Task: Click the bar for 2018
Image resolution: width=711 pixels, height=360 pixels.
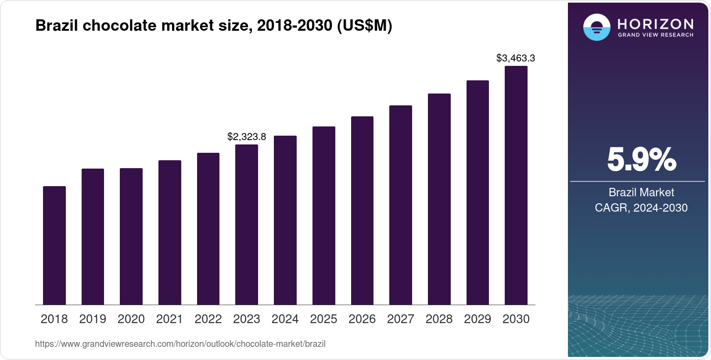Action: coord(54,245)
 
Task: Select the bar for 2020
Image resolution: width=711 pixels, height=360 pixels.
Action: coord(131,237)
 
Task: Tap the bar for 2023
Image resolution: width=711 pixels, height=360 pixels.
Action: coord(247,225)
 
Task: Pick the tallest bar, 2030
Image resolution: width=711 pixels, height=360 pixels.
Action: coord(516,185)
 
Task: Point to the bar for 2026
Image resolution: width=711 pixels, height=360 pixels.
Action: coord(362,211)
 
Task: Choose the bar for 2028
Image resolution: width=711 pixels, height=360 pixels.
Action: coord(439,199)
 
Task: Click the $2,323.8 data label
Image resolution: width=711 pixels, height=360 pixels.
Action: coord(247,137)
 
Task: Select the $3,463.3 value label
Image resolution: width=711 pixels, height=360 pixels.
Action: coord(516,58)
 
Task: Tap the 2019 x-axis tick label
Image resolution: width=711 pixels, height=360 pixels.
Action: coord(93,319)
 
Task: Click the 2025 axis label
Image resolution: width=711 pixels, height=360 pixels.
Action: coord(323,319)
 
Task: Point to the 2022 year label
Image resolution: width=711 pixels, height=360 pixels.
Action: coord(208,319)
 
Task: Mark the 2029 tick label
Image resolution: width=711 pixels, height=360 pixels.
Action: coord(478,319)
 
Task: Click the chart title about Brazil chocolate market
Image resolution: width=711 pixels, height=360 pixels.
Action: coord(214,26)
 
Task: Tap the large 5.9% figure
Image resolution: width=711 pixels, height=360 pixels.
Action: coord(641,160)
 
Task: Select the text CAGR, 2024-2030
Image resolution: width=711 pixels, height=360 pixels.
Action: coord(641,208)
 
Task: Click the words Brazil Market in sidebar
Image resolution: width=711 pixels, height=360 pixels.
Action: coord(641,192)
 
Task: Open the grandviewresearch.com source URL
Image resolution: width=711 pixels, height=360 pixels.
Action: coord(180,344)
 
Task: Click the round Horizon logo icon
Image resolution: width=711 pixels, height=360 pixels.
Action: coord(596,27)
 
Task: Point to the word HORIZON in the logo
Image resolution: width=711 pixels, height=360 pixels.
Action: coord(655,24)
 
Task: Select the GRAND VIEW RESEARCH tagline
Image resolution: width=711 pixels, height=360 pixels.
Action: coord(655,35)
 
